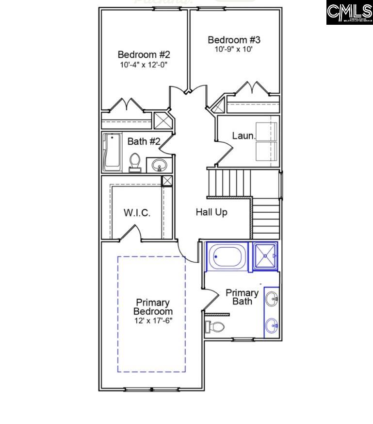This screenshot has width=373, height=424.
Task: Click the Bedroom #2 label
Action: coord(144,54)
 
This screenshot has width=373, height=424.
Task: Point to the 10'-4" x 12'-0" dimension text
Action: coord(144,64)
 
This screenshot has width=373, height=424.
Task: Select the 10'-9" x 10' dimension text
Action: coord(234,49)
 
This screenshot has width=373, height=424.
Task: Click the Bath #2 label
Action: coord(144,141)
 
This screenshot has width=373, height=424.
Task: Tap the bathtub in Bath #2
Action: coord(112,152)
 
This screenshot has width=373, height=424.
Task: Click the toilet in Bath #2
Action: coord(135,162)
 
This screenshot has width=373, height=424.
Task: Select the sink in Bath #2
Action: coord(159,165)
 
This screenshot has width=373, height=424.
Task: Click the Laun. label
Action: coord(243,136)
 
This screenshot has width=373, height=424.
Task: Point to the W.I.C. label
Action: coord(137,213)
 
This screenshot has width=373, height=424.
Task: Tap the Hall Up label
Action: coord(211,212)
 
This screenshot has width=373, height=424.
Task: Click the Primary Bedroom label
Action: coord(153,307)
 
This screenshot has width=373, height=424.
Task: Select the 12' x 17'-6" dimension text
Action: coord(153,321)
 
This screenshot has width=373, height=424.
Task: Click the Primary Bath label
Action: coord(242,297)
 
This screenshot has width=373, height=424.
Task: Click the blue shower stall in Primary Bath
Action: coord(263,255)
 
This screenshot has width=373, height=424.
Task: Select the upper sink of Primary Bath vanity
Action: coord(272,298)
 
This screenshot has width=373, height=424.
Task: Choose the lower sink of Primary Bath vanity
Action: coord(272,324)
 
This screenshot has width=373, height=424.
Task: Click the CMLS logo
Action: coord(349,13)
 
